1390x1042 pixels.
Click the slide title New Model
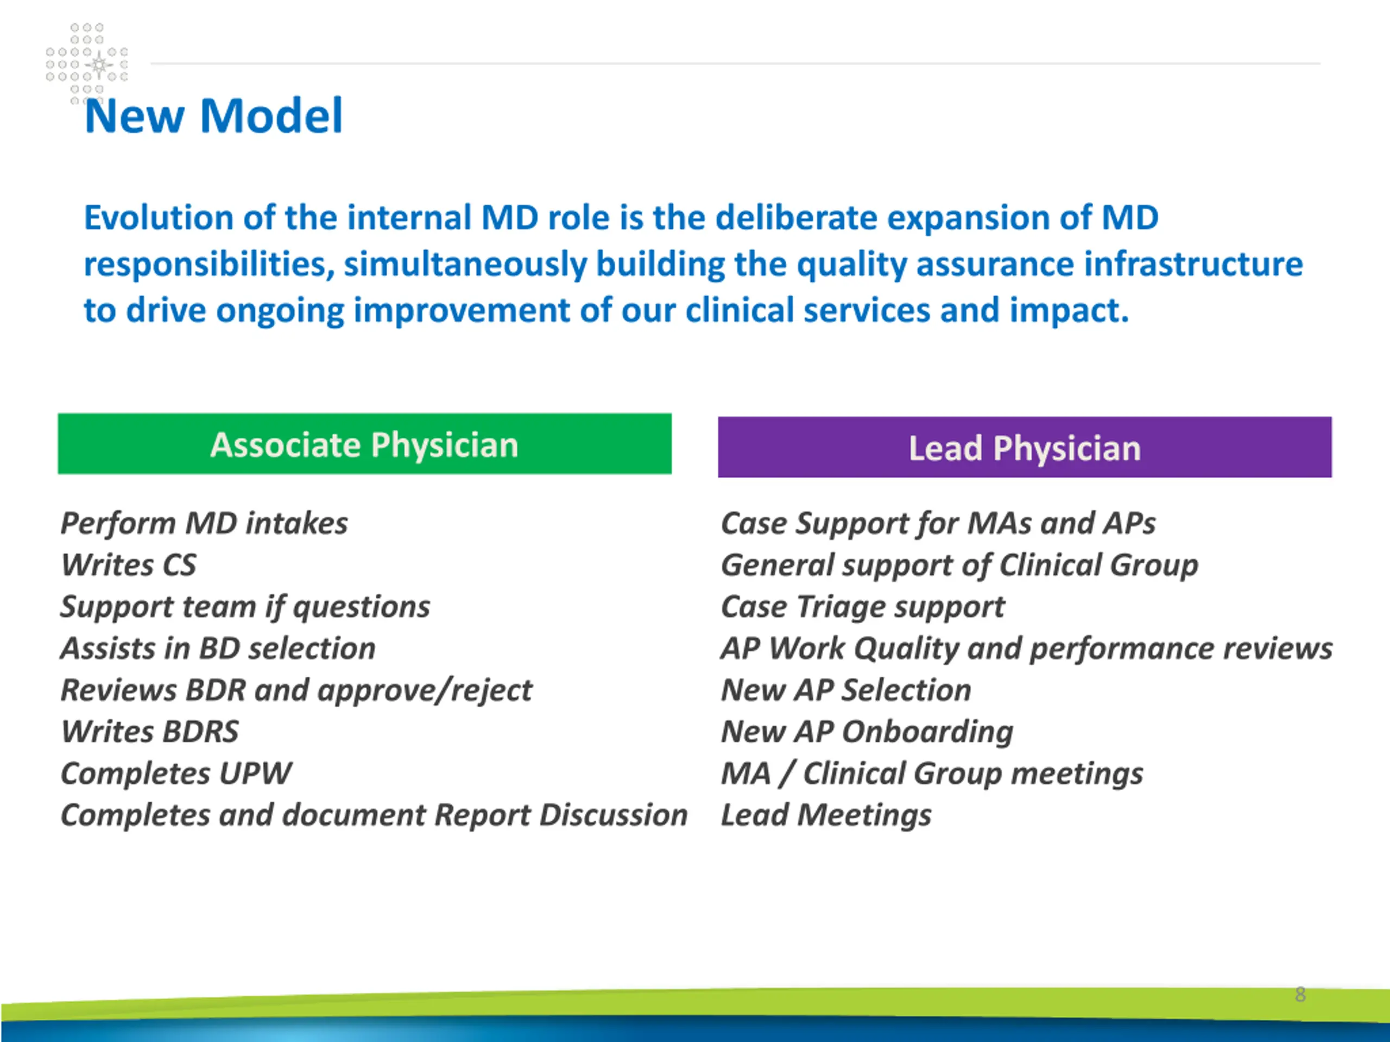coord(213,116)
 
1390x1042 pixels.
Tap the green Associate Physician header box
coord(364,443)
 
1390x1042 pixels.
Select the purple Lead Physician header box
coord(1025,447)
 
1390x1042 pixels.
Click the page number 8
coord(1300,994)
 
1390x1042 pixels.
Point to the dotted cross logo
coord(87,63)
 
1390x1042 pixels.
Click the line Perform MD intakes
coord(204,523)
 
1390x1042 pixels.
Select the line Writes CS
coord(129,564)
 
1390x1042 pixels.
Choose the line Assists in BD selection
coord(218,648)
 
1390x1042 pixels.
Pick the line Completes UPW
coord(176,774)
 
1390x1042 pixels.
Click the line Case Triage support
coord(863,607)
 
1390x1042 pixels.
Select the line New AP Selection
coord(846,690)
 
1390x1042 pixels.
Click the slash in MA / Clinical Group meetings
coord(786,774)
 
